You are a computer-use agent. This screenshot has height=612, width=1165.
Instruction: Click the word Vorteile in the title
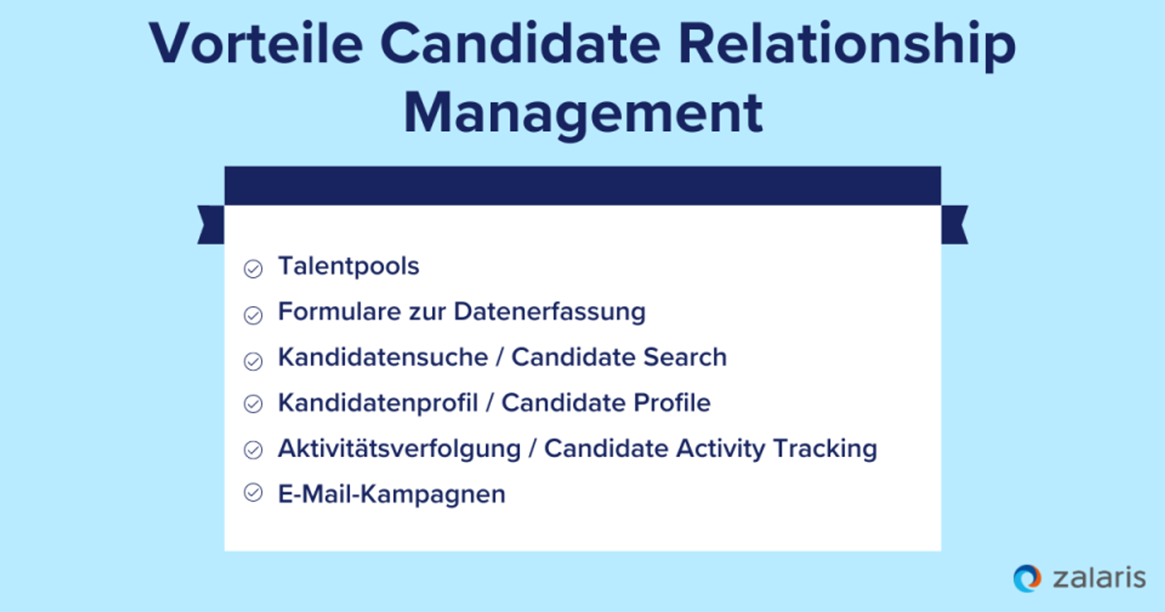click(x=256, y=44)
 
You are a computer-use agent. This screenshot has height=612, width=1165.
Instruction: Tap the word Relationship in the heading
click(x=847, y=44)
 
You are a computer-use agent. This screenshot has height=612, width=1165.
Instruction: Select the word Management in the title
click(x=583, y=113)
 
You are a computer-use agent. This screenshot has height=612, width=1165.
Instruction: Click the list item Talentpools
click(x=348, y=266)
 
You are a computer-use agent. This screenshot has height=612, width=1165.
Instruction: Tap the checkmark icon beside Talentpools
click(x=253, y=268)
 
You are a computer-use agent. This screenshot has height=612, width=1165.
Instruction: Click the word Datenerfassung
click(x=550, y=311)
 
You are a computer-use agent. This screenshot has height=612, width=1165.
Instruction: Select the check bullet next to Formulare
click(x=253, y=315)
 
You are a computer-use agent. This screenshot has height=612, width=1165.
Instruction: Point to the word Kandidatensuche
click(x=383, y=357)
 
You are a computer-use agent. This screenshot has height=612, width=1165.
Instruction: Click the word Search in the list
click(x=685, y=357)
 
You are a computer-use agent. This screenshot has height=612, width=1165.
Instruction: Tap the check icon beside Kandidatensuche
click(x=253, y=361)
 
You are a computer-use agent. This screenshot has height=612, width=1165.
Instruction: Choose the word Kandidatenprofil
click(x=378, y=403)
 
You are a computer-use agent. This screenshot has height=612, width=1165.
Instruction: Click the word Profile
click(x=672, y=403)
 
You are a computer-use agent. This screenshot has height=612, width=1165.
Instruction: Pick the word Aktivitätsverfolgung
click(x=399, y=449)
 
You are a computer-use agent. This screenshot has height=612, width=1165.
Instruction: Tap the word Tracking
click(x=825, y=449)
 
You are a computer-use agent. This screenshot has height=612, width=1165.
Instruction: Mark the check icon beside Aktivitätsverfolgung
click(x=253, y=450)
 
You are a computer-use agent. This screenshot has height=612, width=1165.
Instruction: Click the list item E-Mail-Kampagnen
click(x=391, y=494)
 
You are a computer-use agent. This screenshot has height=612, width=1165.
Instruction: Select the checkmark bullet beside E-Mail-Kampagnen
click(x=253, y=492)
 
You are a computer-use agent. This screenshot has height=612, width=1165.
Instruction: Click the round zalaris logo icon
click(x=1027, y=578)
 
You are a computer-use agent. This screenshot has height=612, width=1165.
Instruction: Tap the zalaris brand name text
click(x=1099, y=578)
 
